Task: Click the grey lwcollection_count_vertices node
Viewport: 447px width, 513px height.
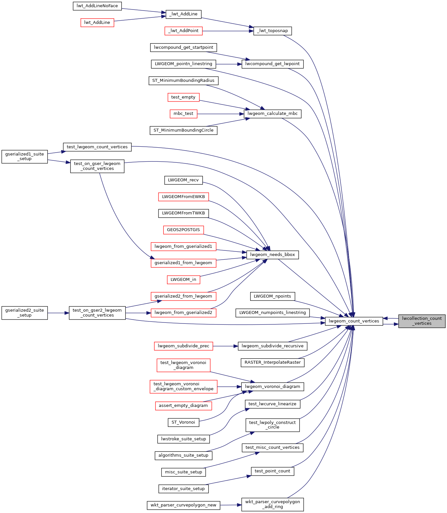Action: pos(422,321)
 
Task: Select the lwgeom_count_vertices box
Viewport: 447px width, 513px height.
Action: pos(354,321)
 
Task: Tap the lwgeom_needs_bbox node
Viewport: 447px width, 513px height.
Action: pos(272,255)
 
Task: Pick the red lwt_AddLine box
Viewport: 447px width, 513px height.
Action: pos(97,23)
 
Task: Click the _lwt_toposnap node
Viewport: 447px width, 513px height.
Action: pos(272,31)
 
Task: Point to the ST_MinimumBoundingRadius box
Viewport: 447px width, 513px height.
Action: pos(183,81)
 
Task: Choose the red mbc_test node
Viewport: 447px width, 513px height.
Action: pos(183,114)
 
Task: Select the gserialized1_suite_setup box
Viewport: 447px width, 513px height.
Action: pos(25,156)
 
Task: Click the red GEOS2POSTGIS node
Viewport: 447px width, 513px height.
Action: pos(183,230)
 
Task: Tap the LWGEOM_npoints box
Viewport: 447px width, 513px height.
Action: pos(272,296)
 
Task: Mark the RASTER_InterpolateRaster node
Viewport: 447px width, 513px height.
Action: pos(272,362)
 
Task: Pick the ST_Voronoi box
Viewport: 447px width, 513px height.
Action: pos(183,422)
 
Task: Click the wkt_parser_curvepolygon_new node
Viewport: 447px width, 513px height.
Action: pos(183,505)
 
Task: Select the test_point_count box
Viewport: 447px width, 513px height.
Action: pos(272,471)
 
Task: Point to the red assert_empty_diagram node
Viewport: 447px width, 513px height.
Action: pos(183,406)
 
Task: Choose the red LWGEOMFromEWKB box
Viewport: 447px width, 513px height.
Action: pos(183,197)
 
